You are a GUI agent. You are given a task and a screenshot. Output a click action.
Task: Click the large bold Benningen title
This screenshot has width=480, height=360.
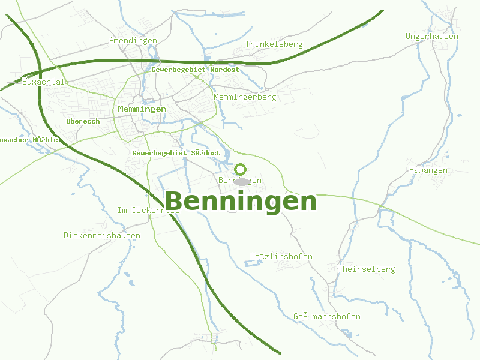point(240,201)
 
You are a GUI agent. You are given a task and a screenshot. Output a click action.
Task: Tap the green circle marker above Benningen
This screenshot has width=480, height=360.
point(240,169)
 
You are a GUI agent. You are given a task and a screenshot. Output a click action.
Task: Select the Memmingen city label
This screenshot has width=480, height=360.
point(142,109)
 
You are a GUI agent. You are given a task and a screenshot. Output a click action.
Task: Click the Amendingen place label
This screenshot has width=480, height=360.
point(133,40)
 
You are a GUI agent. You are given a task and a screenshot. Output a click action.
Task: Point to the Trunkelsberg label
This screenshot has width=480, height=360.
point(274,44)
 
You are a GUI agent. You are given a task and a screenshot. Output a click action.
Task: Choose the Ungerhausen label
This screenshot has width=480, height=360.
point(432,36)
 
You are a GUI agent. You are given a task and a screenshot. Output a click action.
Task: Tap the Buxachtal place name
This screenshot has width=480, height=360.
point(43,82)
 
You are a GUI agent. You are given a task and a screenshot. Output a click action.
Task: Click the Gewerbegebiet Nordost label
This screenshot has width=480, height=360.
point(196,70)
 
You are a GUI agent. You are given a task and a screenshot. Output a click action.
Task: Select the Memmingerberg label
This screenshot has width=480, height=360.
point(245,97)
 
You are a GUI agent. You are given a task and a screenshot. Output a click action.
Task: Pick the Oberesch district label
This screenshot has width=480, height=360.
point(83,121)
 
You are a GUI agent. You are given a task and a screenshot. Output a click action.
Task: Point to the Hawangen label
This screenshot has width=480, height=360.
point(428,170)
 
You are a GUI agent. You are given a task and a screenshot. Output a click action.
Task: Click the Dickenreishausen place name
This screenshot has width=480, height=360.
point(102,235)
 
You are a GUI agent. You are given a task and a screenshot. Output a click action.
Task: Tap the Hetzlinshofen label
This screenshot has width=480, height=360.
point(281,256)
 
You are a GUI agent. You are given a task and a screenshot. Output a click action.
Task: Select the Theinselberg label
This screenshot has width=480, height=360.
point(365,269)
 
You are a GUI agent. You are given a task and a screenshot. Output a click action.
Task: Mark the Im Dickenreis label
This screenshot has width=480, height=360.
point(148,210)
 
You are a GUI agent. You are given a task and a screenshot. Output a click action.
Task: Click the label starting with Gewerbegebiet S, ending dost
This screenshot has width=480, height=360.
point(176,153)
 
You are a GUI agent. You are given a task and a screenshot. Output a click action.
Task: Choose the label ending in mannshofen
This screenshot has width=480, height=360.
point(327,316)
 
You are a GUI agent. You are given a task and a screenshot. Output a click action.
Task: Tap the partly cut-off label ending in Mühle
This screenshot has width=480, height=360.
point(29,140)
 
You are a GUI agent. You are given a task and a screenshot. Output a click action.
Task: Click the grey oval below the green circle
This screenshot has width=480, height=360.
point(242,181)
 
